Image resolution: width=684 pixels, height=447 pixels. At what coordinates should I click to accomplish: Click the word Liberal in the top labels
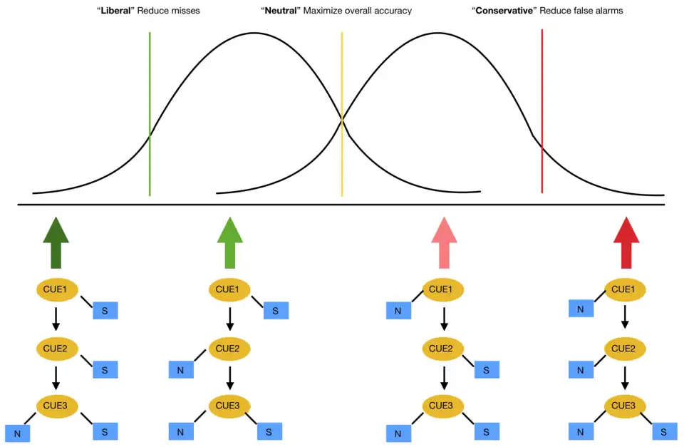click(x=115, y=11)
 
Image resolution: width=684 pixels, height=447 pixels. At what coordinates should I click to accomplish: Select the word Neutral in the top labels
click(x=281, y=11)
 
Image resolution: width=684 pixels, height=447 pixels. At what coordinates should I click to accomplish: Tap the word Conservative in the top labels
click(x=504, y=11)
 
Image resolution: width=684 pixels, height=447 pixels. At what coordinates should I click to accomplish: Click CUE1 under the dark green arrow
click(x=56, y=289)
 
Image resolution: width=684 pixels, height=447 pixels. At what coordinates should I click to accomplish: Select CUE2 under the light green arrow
click(x=229, y=349)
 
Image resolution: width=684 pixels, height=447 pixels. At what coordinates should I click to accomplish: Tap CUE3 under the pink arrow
click(x=443, y=406)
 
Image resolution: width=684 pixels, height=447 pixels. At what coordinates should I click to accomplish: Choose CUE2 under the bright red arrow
click(x=625, y=349)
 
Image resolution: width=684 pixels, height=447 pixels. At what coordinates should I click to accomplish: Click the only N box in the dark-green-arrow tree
click(x=17, y=433)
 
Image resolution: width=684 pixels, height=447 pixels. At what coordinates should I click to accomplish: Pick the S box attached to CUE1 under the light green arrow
click(x=276, y=310)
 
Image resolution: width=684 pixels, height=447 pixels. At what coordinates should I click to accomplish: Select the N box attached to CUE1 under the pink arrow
click(x=398, y=310)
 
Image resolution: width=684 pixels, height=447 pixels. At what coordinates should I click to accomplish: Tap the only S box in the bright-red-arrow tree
click(x=664, y=431)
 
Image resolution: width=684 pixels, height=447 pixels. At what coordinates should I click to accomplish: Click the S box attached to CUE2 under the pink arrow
click(x=487, y=369)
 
